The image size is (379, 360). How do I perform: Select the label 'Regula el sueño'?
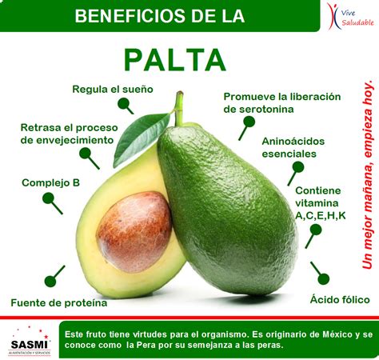[x=112, y=89]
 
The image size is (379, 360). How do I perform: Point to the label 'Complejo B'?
[x=50, y=182]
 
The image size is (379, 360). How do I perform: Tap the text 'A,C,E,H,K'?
[x=320, y=215]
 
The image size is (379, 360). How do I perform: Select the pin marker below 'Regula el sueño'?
[x=126, y=105]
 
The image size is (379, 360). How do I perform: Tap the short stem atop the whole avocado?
[x=179, y=109]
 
